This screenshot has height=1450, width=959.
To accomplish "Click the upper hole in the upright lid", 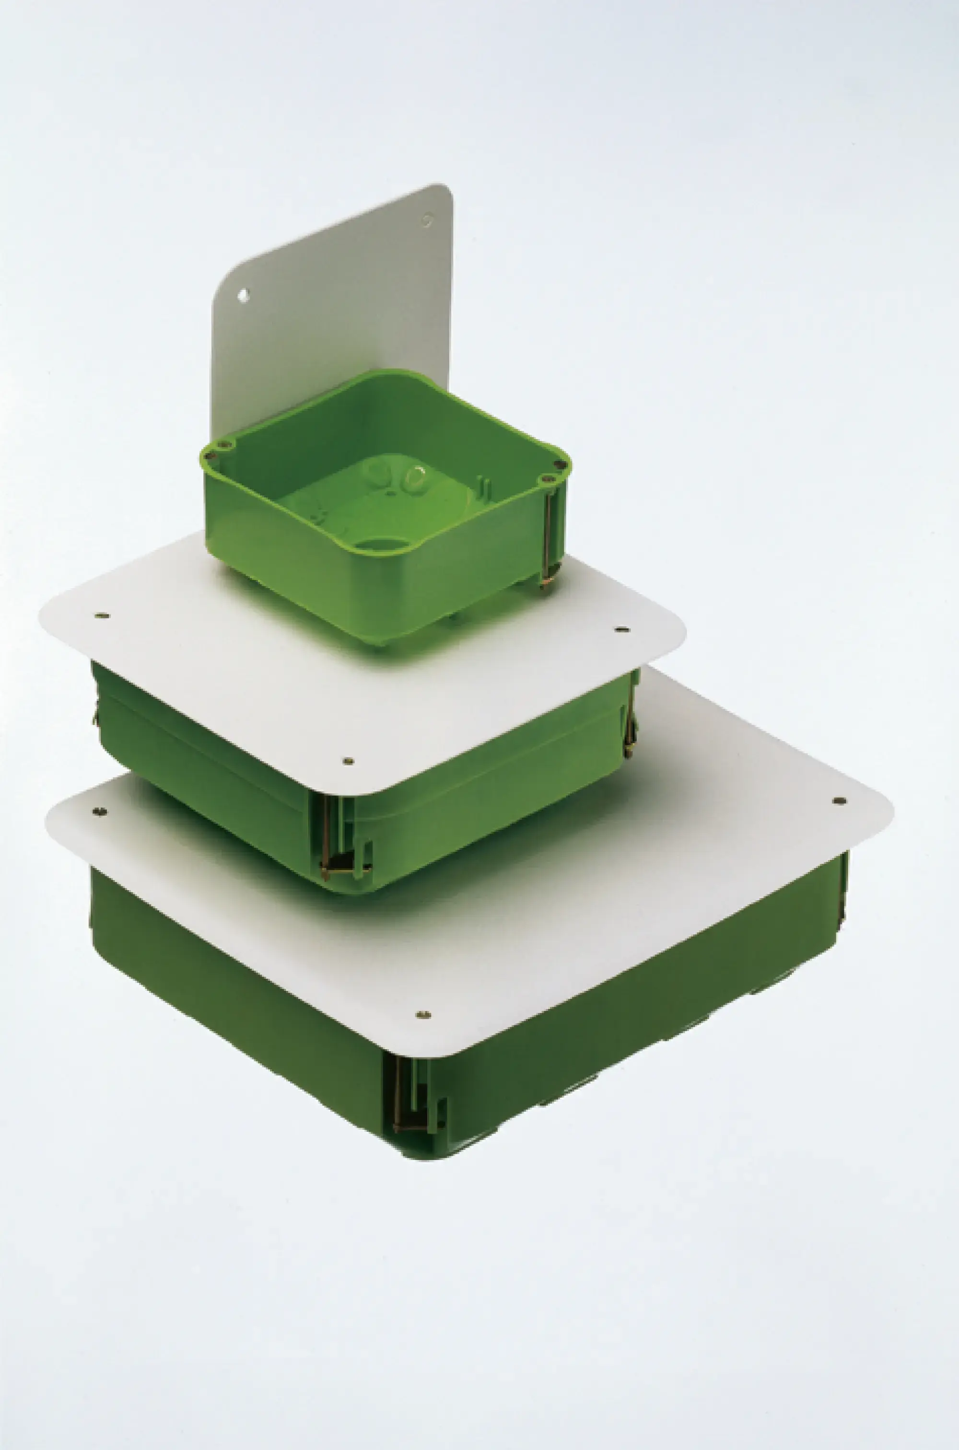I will [x=428, y=219].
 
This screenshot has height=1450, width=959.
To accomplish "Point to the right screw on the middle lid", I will [x=621, y=628].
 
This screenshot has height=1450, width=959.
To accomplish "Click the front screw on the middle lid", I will [x=349, y=761].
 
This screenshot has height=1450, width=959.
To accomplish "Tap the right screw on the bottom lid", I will [x=839, y=801].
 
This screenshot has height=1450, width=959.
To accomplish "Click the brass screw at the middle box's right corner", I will [x=630, y=728].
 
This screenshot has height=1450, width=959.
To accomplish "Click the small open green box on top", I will [x=386, y=507].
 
